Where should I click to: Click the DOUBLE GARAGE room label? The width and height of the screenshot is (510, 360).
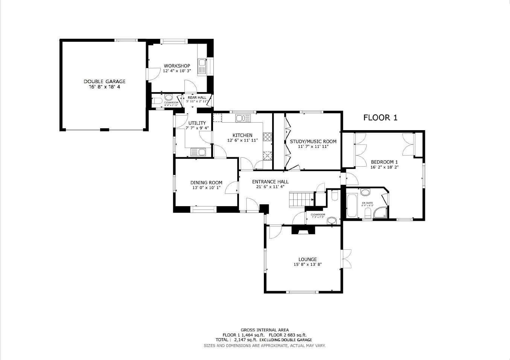point(104,81)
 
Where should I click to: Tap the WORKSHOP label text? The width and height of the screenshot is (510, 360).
point(177,66)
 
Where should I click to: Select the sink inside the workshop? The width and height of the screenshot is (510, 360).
point(202,66)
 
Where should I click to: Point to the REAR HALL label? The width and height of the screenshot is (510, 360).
point(197,97)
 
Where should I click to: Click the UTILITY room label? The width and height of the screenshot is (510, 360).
point(197,123)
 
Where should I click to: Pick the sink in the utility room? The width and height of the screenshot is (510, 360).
point(198,152)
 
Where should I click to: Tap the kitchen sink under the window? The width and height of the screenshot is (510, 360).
point(243,118)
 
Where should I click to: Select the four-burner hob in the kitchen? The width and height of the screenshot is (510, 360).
point(268,137)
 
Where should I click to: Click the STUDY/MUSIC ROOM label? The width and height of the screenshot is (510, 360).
point(313,141)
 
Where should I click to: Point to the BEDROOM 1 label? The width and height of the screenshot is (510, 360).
point(384,162)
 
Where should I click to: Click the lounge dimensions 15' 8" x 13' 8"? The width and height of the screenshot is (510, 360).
point(308,264)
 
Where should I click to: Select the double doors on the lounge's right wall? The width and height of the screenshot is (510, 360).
point(346,259)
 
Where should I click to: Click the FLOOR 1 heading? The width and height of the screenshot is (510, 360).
point(380,118)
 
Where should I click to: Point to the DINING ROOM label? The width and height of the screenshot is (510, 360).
point(206,183)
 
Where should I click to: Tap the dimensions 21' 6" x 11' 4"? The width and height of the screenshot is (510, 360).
point(270,187)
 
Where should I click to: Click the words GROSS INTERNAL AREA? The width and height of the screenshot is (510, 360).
point(265,330)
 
